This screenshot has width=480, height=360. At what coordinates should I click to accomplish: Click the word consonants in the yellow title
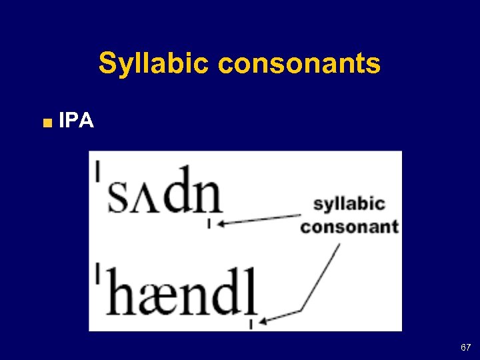(299, 65)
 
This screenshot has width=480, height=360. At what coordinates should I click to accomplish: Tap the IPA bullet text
(76, 121)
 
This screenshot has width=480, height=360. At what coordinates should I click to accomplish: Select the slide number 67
(465, 347)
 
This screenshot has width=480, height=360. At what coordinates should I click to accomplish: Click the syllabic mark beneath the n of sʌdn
(209, 224)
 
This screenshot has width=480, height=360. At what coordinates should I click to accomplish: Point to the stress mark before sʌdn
(99, 171)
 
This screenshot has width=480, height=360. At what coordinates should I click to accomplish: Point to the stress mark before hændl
(99, 272)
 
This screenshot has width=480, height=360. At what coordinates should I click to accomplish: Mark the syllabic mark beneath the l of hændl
(251, 324)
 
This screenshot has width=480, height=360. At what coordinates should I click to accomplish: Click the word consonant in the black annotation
(349, 227)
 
